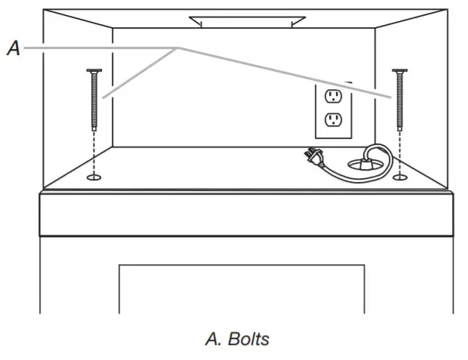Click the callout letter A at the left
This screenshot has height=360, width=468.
pyautogui.click(x=13, y=48)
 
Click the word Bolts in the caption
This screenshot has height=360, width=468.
pyautogui.click(x=249, y=339)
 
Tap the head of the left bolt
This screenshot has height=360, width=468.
pyautogui.click(x=94, y=71)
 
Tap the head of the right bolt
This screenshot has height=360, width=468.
pyautogui.click(x=399, y=71)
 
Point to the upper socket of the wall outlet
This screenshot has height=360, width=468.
pyautogui.click(x=332, y=96)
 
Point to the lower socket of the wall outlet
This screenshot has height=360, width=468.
pyautogui.click(x=332, y=119)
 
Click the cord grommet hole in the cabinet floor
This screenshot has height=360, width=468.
pyautogui.click(x=365, y=162)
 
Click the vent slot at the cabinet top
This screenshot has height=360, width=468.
pyautogui.click(x=247, y=21)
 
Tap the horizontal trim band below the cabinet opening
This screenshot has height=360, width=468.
pyautogui.click(x=246, y=214)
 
